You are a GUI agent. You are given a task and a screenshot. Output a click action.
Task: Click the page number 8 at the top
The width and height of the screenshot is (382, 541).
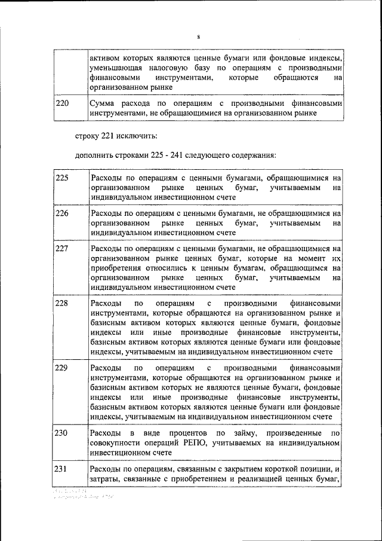pyautogui.click(x=198, y=37)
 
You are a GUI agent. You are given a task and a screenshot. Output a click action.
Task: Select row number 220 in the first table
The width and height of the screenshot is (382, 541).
pyautogui.click(x=62, y=103)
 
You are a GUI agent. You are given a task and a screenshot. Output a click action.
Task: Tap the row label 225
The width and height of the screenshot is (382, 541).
pyautogui.click(x=62, y=178)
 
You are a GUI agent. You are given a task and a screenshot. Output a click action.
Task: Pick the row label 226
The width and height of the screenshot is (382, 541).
pyautogui.click(x=62, y=213)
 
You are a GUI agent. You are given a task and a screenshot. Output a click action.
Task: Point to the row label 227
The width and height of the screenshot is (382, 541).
pyautogui.click(x=62, y=248)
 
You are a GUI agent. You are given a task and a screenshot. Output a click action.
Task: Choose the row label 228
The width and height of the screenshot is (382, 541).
pyautogui.click(x=62, y=303)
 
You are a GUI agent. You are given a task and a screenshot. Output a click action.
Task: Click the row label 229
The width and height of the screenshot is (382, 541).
pyautogui.click(x=62, y=368)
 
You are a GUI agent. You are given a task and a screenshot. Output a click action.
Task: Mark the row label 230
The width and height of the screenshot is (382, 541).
pyautogui.click(x=62, y=432)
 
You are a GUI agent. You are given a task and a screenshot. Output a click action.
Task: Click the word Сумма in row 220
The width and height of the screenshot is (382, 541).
pyautogui.click(x=103, y=103)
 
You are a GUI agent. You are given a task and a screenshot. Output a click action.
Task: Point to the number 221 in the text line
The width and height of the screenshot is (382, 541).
pyautogui.click(x=103, y=136)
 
